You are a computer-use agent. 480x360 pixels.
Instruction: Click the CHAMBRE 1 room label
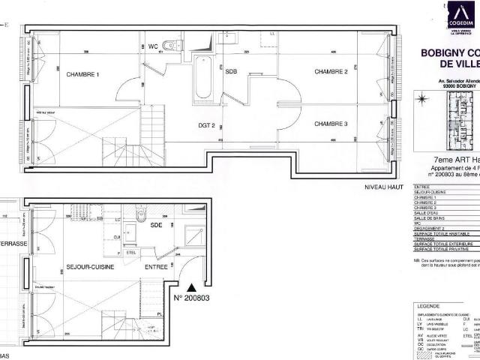point(82,75)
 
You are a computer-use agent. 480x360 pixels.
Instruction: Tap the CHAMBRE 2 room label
point(331,71)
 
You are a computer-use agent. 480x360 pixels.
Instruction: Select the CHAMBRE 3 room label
point(331,124)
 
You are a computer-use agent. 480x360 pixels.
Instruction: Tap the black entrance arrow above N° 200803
point(192,286)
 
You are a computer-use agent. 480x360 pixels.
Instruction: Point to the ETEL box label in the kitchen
point(129,253)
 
